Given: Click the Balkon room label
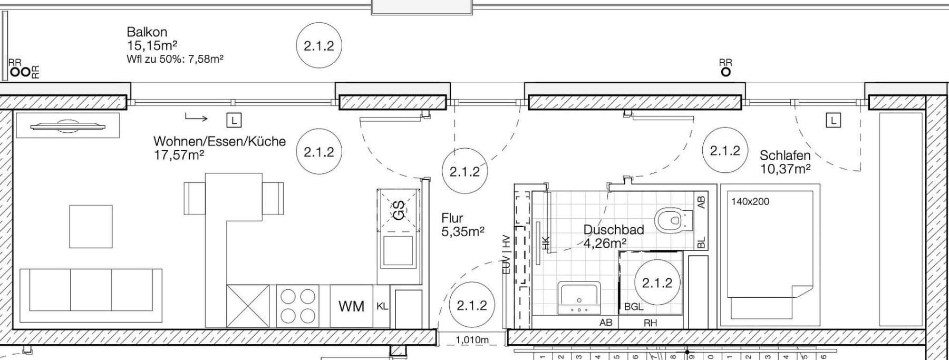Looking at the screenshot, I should point(147,32).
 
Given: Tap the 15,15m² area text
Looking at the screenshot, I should point(152,46).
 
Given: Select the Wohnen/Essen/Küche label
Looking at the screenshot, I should point(219,141).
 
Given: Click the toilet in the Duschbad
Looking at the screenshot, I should point(673,219).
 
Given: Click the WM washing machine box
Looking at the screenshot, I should point(351,306).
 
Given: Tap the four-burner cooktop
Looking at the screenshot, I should point(298,306).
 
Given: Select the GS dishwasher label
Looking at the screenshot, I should point(399,210).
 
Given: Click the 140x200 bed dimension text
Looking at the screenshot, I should point(750,201).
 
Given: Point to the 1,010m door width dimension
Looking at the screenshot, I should point(472,340).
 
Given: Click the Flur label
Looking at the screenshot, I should point(452,218).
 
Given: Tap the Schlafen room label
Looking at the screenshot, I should point(785,155).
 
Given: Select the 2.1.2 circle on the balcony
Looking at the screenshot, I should point(319,46).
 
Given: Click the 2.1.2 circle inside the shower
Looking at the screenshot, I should point(657,283).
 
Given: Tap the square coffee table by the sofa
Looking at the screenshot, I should point(91,227).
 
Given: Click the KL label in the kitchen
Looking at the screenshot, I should point(382,306).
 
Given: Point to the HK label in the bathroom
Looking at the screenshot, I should point(546,243).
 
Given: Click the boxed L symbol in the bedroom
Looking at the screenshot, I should point(834,121).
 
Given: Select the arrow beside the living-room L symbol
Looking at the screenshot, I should point(196,117).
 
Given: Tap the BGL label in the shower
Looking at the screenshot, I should point(634,306).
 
